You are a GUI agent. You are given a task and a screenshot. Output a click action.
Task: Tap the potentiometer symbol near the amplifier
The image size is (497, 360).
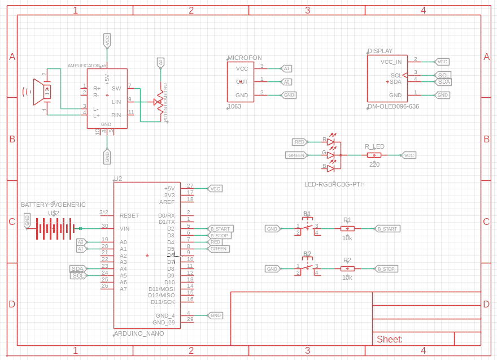click(160, 102)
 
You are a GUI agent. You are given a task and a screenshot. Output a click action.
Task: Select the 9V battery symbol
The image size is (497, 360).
click(54, 229)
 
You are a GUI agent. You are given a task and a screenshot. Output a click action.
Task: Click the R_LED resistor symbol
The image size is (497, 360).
click(374, 155)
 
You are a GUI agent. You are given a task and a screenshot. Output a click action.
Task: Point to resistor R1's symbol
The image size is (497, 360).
click(347, 229)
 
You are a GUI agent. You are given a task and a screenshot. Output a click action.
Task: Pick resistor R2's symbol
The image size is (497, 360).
click(347, 269)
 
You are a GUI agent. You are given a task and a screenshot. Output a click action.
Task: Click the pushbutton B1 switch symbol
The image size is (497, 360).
click(307, 227)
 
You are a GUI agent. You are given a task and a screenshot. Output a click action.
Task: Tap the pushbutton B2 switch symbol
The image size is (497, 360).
click(307, 267)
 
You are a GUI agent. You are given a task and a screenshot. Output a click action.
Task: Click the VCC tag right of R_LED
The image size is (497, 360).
click(408, 155)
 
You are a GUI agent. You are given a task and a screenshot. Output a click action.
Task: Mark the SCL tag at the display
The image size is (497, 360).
click(444, 75)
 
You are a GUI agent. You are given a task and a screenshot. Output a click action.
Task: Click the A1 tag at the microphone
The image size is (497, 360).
click(286, 68)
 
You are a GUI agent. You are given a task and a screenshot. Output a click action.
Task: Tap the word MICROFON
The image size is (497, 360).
click(245, 58)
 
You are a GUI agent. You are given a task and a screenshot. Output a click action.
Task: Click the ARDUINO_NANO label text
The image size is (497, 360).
click(139, 333)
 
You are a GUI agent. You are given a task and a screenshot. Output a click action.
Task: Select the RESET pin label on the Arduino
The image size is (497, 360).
click(129, 216)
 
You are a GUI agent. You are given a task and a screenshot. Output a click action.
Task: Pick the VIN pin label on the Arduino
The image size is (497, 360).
click(125, 229)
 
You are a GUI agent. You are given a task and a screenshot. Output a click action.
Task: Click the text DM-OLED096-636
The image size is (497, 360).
click(393, 106)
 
